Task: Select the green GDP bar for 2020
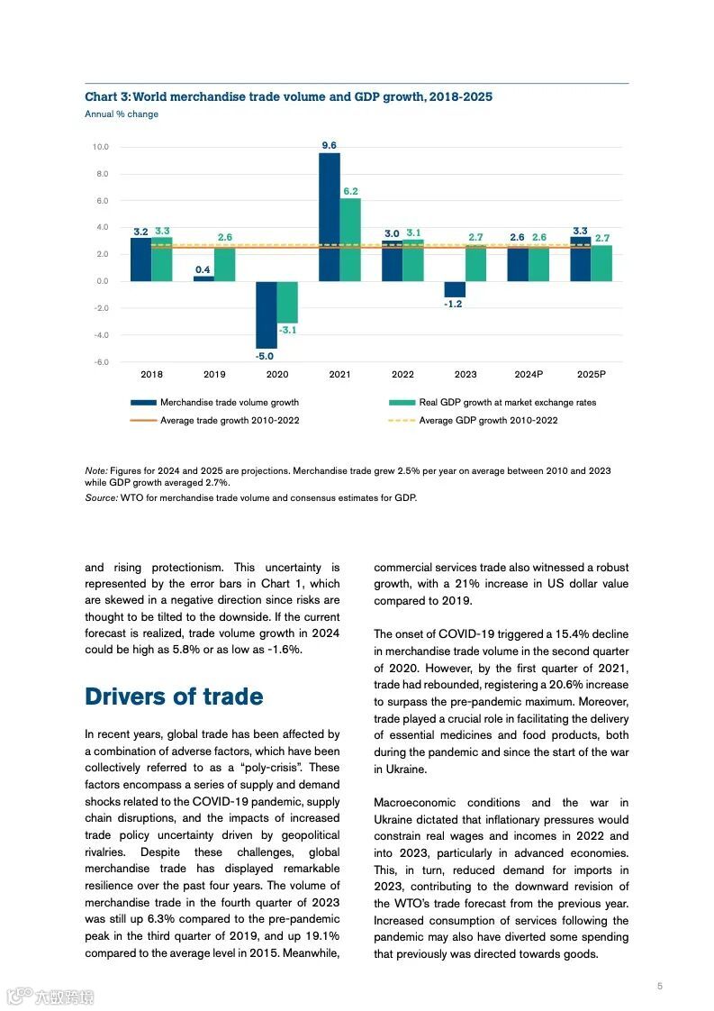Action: click(x=287, y=302)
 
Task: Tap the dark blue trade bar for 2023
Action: click(x=455, y=289)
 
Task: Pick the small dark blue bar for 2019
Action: click(x=203, y=278)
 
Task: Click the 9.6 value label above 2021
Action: click(x=330, y=145)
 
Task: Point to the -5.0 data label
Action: click(x=266, y=356)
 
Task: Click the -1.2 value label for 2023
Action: click(x=454, y=304)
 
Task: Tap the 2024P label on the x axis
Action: click(x=529, y=374)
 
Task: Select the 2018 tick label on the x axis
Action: click(x=151, y=374)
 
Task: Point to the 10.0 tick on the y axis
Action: click(x=100, y=147)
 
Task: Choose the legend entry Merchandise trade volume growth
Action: click(x=230, y=403)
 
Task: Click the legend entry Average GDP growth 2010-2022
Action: click(x=488, y=421)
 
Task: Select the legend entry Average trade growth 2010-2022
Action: click(x=230, y=421)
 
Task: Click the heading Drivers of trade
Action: click(x=174, y=697)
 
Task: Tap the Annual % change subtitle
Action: click(x=122, y=114)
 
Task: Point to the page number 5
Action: click(x=659, y=987)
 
